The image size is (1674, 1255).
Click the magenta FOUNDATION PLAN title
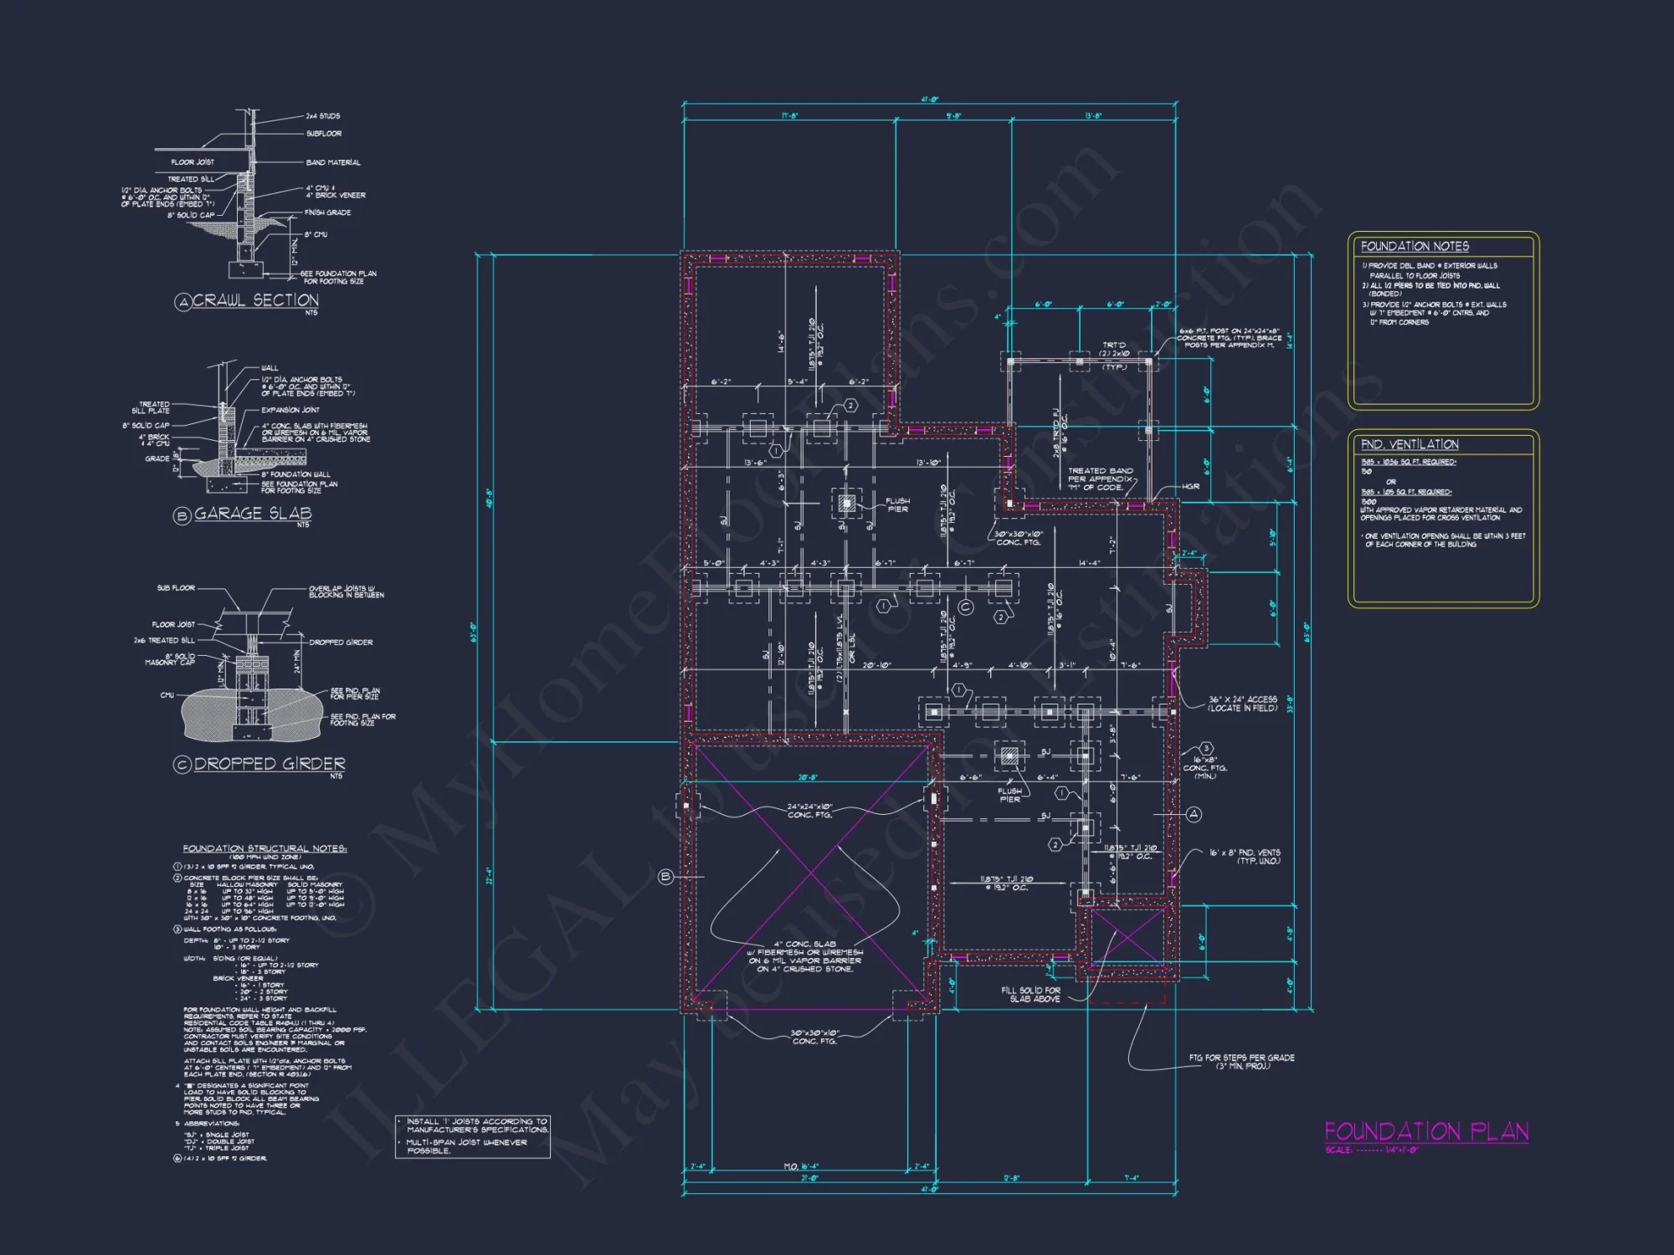[1426, 1131]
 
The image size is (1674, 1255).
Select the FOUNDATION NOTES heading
[1415, 246]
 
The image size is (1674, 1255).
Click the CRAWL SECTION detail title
[255, 300]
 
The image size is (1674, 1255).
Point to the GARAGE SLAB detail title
[253, 514]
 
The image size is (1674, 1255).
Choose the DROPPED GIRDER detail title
[270, 764]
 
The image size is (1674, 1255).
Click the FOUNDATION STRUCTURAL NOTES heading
[264, 848]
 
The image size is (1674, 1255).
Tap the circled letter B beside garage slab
[666, 877]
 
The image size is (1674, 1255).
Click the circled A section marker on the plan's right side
[1194, 814]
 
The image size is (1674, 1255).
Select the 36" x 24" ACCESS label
[1242, 704]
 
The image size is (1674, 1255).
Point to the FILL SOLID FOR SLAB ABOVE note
[1030, 994]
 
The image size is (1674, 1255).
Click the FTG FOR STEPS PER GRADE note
[1241, 1062]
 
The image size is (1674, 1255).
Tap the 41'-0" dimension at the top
[930, 100]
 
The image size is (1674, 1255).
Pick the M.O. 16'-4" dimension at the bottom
[801, 1166]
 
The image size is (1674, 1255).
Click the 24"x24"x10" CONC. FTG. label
[809, 811]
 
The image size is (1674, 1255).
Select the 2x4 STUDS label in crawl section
[322, 116]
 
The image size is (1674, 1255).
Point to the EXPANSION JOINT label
[290, 410]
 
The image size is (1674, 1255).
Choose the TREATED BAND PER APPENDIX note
[1100, 479]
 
